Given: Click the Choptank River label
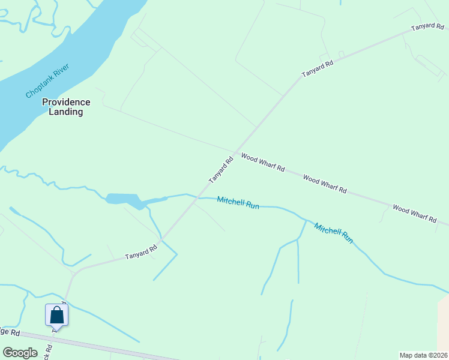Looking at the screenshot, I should [48, 80].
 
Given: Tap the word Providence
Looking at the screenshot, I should [66, 102].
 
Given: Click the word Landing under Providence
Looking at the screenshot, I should [66, 112].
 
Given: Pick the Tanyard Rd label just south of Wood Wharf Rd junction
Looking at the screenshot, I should [220, 170].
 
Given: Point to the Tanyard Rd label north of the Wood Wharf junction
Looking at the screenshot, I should [317, 68].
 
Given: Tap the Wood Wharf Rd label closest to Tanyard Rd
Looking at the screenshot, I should [263, 162].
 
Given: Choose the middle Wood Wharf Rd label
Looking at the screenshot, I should [325, 184].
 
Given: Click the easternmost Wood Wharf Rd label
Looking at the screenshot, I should [414, 213].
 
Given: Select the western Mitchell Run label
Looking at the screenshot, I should [238, 203].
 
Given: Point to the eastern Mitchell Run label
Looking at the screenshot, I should [334, 232].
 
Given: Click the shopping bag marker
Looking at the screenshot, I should [56, 315].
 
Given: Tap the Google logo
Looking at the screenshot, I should [20, 353].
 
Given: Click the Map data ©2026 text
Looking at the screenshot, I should [423, 355].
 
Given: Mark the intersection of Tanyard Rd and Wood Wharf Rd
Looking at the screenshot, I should [235, 152].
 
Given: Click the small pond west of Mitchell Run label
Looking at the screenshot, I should [123, 199].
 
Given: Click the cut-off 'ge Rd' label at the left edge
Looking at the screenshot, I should [10, 332].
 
